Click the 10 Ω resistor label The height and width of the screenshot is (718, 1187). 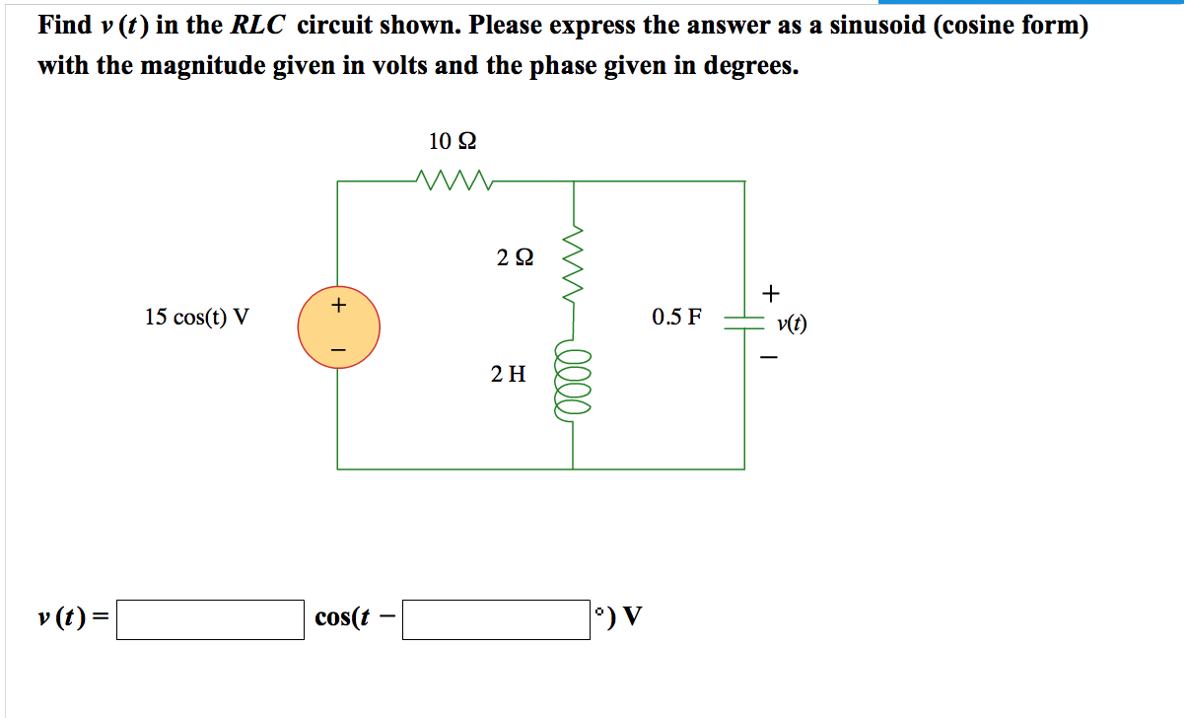(452, 141)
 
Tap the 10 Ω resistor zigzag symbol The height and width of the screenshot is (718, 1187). (454, 180)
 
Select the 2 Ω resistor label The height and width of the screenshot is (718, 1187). (515, 257)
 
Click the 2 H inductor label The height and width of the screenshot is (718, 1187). (508, 374)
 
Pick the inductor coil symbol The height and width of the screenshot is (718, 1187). (572, 381)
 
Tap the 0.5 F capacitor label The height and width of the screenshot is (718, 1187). (676, 317)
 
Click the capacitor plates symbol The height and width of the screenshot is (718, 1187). (744, 323)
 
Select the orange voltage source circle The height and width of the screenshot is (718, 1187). (338, 327)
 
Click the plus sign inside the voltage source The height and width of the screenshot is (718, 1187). (338, 305)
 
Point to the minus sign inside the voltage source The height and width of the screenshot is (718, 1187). (338, 350)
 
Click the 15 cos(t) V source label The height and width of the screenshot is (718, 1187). (196, 318)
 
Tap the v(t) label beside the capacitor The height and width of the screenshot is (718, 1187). (792, 323)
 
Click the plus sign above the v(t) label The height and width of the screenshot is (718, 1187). (771, 293)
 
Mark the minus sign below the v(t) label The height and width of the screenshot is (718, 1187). (769, 357)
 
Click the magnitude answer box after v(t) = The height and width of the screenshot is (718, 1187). (210, 619)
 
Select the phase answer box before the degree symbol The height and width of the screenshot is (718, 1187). (496, 619)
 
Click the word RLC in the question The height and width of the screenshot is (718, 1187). (257, 25)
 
